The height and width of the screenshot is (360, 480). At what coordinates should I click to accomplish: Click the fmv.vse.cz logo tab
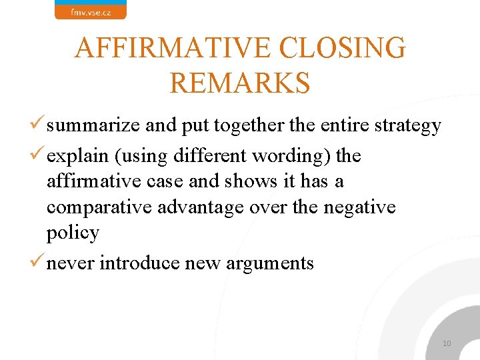90,11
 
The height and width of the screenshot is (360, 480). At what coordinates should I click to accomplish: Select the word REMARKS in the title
240,83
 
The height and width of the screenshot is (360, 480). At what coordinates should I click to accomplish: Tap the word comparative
99,207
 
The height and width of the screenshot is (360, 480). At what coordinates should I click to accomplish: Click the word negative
359,207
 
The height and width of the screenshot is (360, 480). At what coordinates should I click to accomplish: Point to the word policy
73,233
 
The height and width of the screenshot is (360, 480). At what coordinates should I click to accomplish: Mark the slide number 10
447,343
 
